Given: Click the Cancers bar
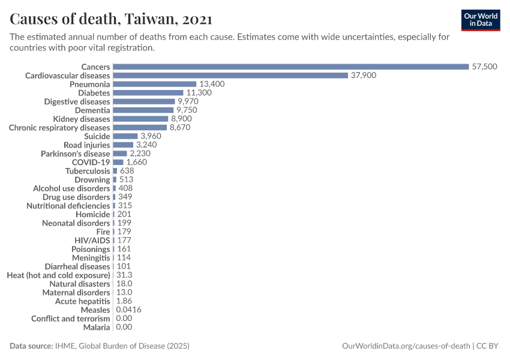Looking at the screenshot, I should tap(290, 67).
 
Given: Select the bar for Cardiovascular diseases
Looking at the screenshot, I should tap(230, 76).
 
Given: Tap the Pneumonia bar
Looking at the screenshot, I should tap(155, 84).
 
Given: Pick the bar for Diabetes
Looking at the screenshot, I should tap(148, 93).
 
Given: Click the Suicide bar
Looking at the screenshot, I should tap(125, 136).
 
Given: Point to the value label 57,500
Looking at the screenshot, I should tap(485, 67).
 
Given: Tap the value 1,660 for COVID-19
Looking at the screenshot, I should tap(136, 162).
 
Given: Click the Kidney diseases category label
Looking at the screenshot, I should tap(82, 119).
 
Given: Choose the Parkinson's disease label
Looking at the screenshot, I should tap(76, 154).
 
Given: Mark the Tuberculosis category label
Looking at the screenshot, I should tap(88, 171).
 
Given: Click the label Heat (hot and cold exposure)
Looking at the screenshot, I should tap(58, 275).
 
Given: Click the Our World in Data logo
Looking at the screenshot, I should tap(481, 20).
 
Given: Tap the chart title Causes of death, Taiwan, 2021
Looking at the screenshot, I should tap(110, 19).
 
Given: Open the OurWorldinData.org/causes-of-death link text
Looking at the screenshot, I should tap(406, 346).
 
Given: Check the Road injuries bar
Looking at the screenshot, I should tap(123, 145).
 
